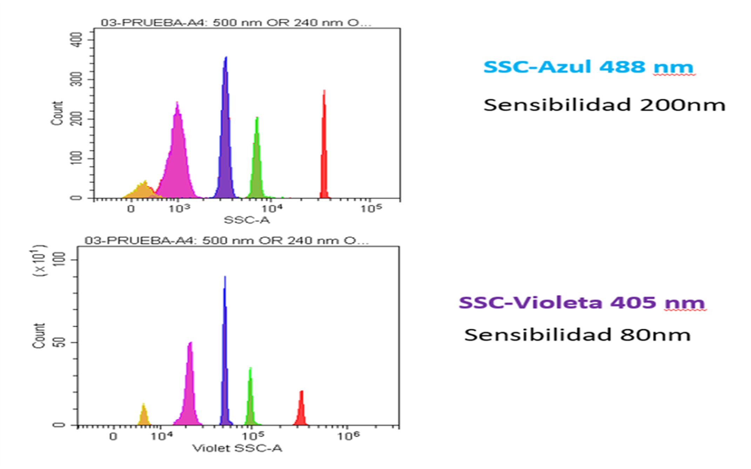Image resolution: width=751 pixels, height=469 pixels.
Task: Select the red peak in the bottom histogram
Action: point(301,411)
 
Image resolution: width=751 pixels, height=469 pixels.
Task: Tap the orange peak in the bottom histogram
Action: point(143,416)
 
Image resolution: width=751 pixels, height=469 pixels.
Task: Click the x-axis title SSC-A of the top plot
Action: point(246,220)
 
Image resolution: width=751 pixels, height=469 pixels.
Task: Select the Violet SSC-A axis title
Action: point(237,448)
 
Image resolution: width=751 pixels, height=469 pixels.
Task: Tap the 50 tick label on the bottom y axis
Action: point(60,342)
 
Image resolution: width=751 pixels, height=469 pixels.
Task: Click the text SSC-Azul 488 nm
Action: point(588,67)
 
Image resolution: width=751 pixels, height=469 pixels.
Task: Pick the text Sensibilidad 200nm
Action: point(604,105)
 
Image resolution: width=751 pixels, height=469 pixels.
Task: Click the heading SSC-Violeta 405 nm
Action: point(582,303)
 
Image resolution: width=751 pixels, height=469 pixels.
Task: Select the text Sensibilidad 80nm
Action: point(577,335)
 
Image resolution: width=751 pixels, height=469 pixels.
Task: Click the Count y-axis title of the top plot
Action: point(57,113)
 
